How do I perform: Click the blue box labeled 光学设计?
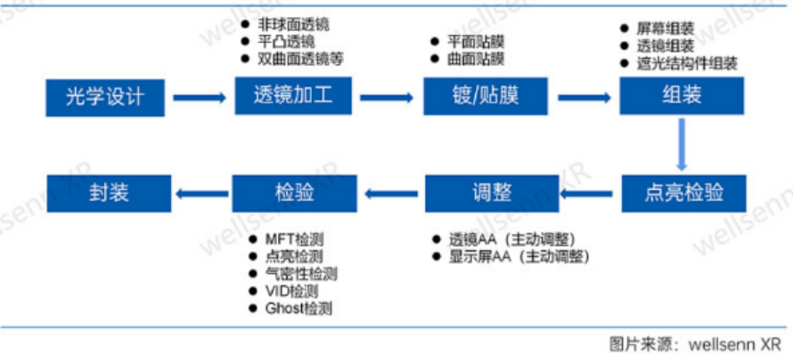click(x=107, y=97)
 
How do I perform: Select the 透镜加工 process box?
click(x=294, y=96)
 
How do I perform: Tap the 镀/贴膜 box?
click(x=485, y=96)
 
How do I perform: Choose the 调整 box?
click(x=485, y=192)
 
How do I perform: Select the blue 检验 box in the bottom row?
click(x=294, y=192)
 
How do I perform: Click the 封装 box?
click(x=107, y=192)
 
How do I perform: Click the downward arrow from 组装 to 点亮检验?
click(x=682, y=144)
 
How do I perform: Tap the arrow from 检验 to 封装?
click(x=200, y=192)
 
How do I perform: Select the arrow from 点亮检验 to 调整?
click(x=584, y=192)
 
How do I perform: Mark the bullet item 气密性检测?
click(x=301, y=274)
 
